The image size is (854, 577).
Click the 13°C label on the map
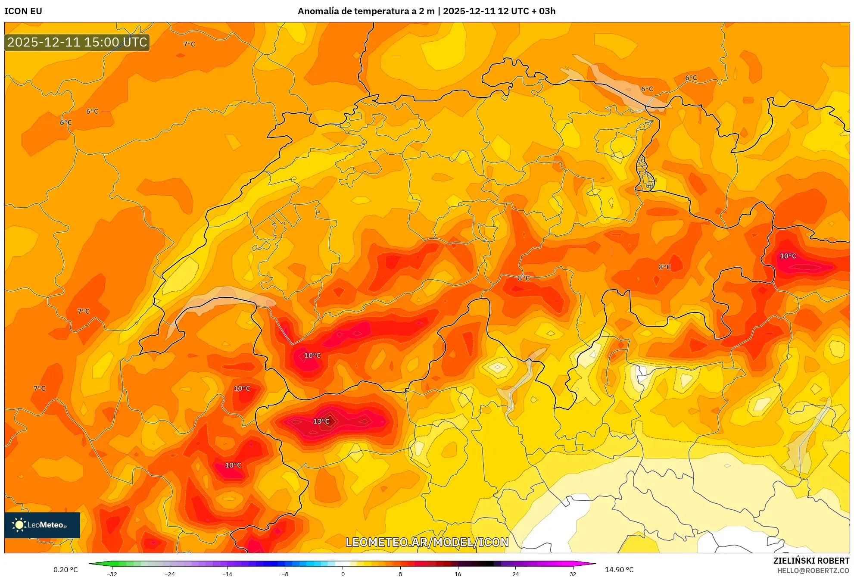point(321,421)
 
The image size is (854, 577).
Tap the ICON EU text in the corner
point(23,11)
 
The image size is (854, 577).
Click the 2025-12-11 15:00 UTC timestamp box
point(77,42)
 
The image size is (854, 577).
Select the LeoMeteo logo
point(42,525)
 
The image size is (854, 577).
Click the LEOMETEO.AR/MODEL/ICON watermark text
point(427,542)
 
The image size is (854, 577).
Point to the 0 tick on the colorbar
point(343,574)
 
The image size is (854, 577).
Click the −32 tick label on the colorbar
point(112,574)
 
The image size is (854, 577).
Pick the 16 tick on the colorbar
point(458,574)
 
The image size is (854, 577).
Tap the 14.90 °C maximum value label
point(619,570)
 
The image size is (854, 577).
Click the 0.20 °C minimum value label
point(65,570)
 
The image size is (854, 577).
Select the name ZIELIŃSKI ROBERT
point(811,561)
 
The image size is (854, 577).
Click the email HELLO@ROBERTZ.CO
point(813,571)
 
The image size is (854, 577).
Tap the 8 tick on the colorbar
point(400,574)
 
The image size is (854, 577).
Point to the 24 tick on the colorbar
point(515,574)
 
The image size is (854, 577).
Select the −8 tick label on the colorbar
point(285,574)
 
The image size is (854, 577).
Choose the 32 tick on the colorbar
point(573,574)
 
